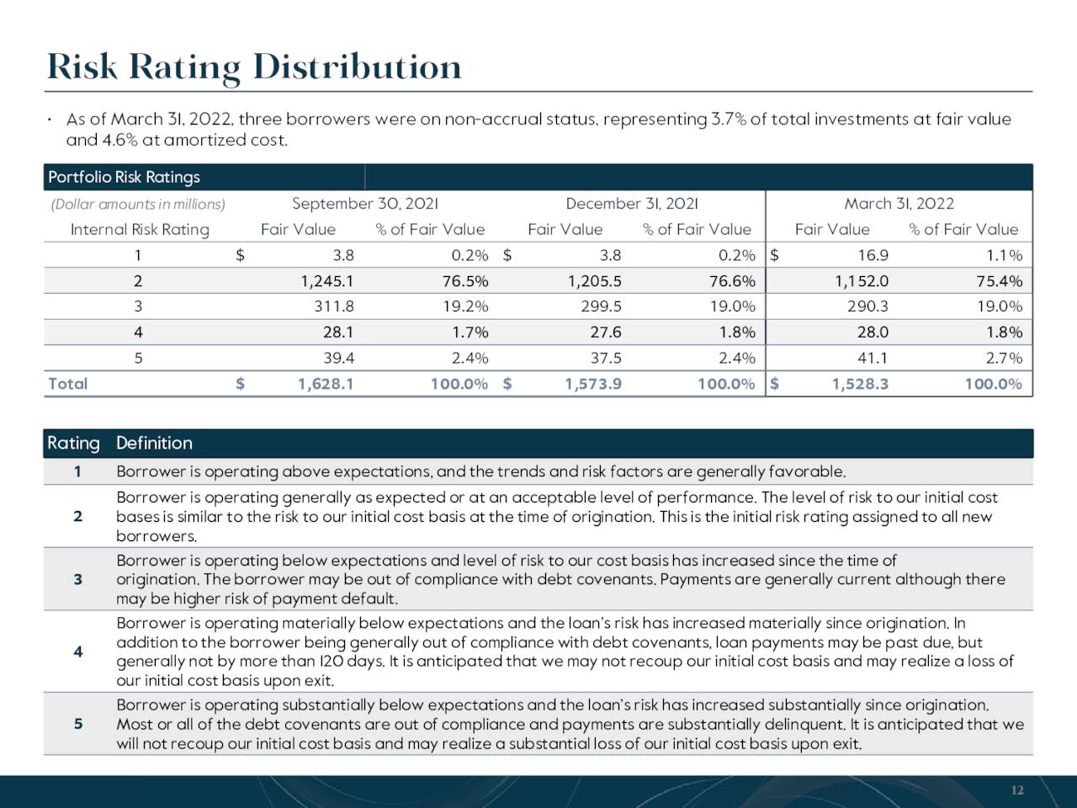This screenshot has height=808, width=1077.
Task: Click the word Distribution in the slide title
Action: [358, 67]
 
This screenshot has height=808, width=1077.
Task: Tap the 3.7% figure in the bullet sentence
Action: [729, 120]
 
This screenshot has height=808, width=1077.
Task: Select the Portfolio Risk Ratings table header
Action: [125, 177]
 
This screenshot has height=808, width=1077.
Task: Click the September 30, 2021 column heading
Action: [365, 204]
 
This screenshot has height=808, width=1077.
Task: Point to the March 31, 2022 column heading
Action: [899, 204]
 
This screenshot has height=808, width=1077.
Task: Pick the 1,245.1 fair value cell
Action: [326, 281]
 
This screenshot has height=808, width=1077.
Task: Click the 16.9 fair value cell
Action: [873, 255]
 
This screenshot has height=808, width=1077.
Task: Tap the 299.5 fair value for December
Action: [601, 306]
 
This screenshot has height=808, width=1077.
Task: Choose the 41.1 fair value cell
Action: [873, 359]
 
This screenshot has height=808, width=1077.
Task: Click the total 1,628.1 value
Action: [326, 384]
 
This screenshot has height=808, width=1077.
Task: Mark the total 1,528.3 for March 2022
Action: [860, 384]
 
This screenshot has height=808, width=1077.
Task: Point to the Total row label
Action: [67, 384]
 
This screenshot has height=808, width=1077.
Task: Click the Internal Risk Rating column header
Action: [140, 230]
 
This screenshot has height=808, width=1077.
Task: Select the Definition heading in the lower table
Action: [154, 443]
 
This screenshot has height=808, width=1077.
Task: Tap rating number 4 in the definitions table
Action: [78, 651]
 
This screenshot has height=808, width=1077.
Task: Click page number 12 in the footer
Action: [1017, 790]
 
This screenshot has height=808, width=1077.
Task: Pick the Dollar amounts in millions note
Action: [138, 204]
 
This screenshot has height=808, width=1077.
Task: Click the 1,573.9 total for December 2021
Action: [593, 384]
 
